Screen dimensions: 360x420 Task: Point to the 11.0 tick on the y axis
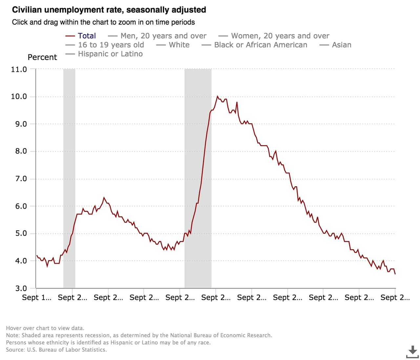coord(19,69)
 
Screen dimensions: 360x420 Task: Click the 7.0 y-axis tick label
coord(19,179)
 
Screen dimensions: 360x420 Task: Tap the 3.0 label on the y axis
coord(19,288)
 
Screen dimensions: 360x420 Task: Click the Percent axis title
coord(42,57)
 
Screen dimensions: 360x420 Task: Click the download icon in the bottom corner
coord(412,351)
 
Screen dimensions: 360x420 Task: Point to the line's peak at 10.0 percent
coord(217,96)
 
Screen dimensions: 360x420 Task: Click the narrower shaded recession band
coord(69,179)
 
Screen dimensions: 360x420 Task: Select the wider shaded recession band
coord(198,179)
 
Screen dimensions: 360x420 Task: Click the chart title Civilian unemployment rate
coord(109,10)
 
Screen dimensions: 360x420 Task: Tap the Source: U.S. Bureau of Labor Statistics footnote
coord(56,350)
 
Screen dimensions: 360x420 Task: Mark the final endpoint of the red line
coord(395,274)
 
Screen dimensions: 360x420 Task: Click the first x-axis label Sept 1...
coord(36,298)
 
